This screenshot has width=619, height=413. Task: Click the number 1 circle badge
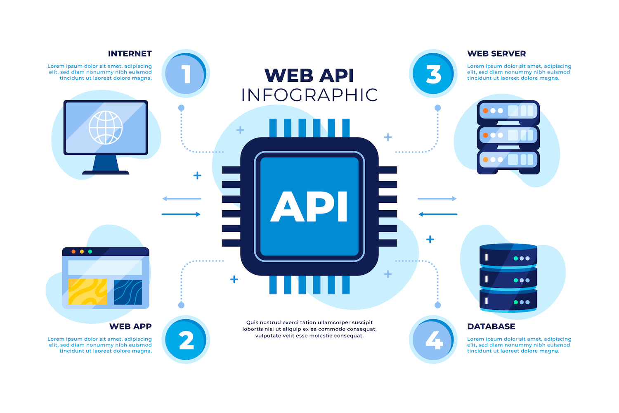click(186, 74)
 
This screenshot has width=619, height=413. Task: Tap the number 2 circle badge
click(186, 340)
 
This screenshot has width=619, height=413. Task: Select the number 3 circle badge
click(433, 74)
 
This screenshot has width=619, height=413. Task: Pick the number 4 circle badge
click(433, 340)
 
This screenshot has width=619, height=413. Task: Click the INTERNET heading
click(130, 54)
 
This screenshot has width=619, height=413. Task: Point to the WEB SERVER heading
click(496, 54)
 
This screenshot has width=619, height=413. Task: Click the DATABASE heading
click(491, 326)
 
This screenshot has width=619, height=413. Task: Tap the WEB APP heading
click(130, 326)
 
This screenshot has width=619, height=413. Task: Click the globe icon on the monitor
click(106, 127)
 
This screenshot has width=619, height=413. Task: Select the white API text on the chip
click(309, 207)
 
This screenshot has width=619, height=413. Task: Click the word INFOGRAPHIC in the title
click(309, 95)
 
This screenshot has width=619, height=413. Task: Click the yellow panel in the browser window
click(87, 292)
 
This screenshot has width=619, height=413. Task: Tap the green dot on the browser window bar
click(90, 252)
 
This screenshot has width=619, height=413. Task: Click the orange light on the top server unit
click(486, 111)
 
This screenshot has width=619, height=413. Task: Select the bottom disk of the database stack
click(508, 301)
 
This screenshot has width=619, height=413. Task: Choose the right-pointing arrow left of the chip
click(181, 214)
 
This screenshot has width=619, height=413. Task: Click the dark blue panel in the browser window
click(128, 292)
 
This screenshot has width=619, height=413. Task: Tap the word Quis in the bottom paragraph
click(252, 323)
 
